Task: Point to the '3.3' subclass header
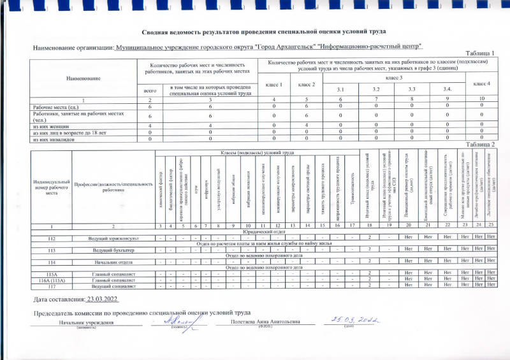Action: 412,89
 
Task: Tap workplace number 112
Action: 52,238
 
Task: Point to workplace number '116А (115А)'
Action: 52,280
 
